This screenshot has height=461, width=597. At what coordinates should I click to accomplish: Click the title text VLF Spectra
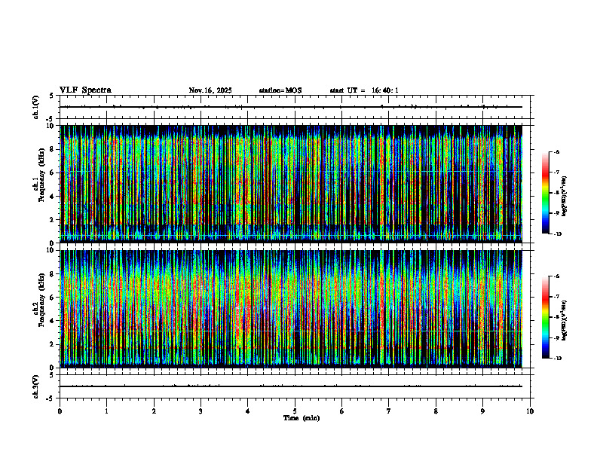click(x=85, y=90)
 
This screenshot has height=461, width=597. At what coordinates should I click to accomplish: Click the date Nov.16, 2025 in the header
click(x=210, y=90)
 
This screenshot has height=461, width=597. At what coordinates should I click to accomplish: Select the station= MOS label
click(x=280, y=90)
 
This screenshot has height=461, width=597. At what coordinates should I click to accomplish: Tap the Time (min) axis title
click(x=301, y=417)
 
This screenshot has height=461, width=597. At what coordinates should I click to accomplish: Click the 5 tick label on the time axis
click(x=295, y=411)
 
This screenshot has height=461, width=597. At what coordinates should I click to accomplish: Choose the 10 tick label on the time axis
click(x=530, y=411)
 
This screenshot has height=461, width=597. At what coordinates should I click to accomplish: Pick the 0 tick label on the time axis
click(x=60, y=411)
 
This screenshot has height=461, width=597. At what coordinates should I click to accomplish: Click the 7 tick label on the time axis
click(x=389, y=411)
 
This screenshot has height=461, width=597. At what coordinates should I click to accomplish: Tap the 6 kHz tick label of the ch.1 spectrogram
click(x=52, y=172)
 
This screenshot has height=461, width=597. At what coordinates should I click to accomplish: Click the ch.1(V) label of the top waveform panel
click(x=35, y=107)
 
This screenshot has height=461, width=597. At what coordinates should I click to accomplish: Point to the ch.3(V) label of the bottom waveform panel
click(x=35, y=386)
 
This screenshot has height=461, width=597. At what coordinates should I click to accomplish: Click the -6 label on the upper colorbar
click(x=557, y=152)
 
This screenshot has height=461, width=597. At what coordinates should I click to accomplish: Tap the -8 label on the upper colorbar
click(x=557, y=193)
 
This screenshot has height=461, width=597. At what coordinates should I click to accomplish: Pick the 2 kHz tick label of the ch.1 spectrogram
click(x=52, y=219)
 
